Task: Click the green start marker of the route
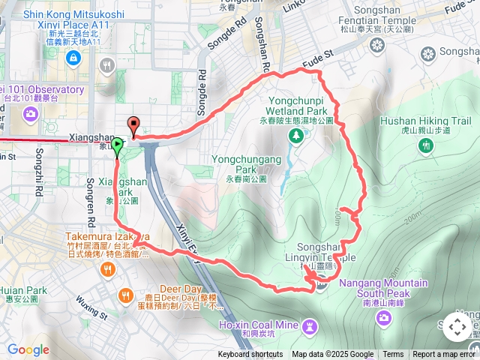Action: point(117,142)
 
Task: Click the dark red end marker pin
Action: point(134,126)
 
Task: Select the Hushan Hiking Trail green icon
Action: point(425,146)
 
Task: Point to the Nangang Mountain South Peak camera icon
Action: point(384,319)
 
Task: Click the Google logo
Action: point(28,349)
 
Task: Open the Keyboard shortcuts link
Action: point(250,355)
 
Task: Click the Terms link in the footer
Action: point(393,355)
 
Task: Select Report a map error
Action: point(445,355)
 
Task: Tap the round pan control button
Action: point(457,327)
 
